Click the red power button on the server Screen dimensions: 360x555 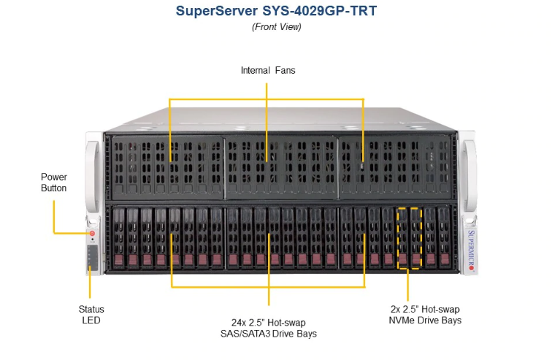click(x=93, y=234)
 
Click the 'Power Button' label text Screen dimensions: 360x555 click(x=53, y=183)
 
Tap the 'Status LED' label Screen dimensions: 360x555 click(x=91, y=315)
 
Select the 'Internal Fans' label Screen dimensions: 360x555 click(x=267, y=71)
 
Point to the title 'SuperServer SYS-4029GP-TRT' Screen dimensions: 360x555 click(x=277, y=12)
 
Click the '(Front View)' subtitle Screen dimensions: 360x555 click(x=277, y=27)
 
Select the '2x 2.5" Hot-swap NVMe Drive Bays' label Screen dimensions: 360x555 click(x=425, y=315)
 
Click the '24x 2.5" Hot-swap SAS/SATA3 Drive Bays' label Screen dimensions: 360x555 click(x=269, y=328)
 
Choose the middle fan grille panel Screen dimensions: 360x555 click(x=281, y=164)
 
